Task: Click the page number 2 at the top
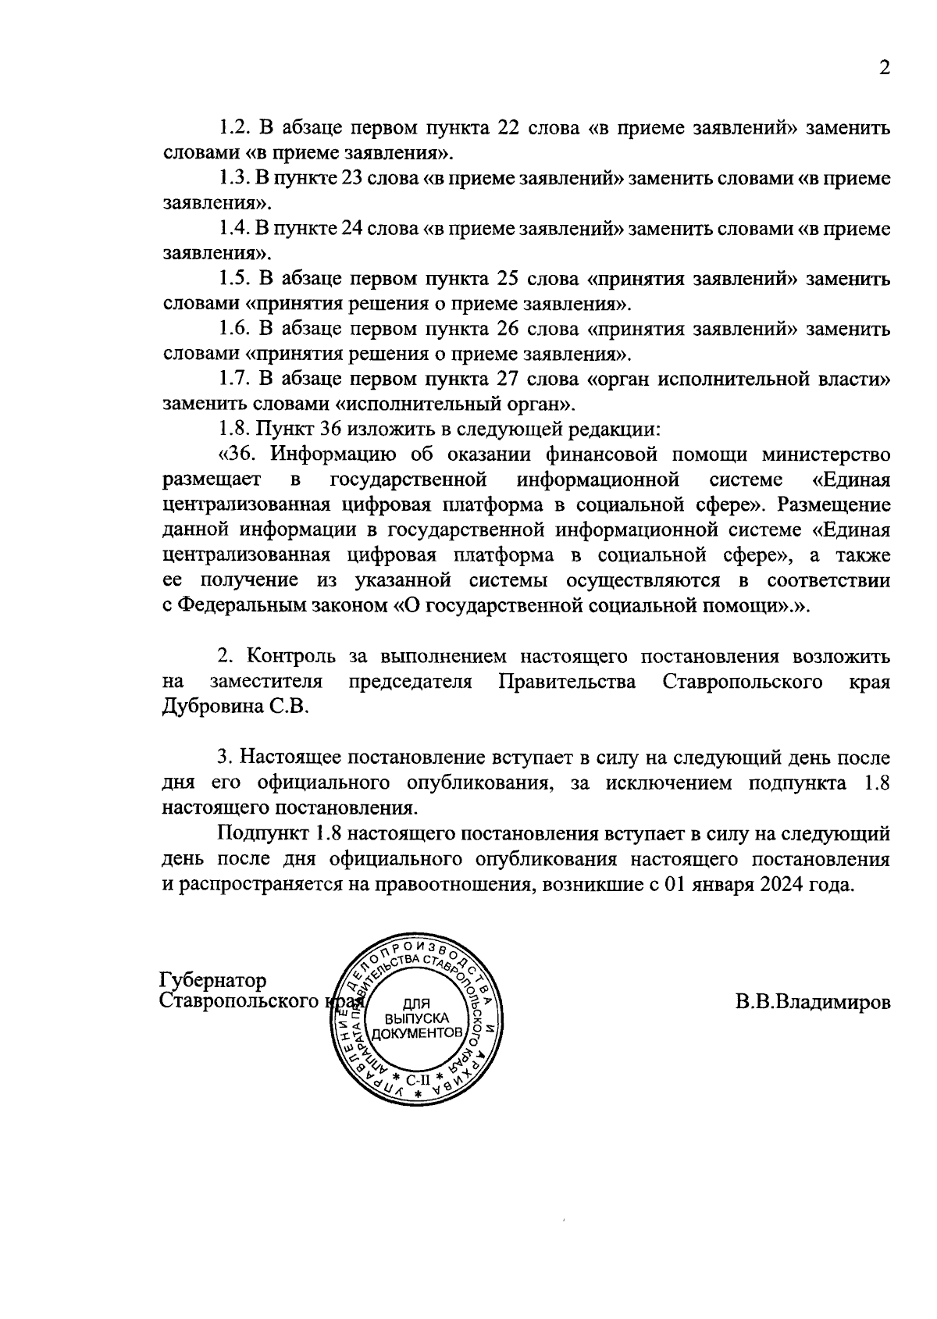coord(884,68)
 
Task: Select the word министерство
coord(826,455)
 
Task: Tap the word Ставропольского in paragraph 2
coord(743,682)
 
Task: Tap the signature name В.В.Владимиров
coord(812,1002)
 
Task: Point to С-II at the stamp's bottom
coord(418,1080)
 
